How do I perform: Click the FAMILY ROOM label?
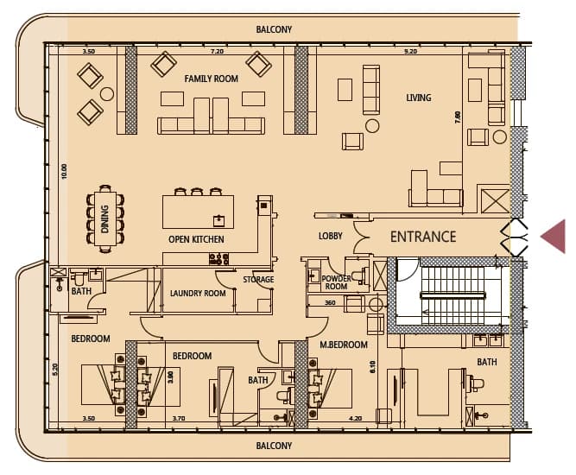pyautogui.click(x=211, y=79)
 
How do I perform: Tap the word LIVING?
pyautogui.click(x=419, y=98)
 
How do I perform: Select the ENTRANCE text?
pyautogui.click(x=423, y=237)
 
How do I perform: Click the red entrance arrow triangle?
pyautogui.click(x=553, y=237)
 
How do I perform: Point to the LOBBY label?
pyautogui.click(x=330, y=236)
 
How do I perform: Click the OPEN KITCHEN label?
pyautogui.click(x=196, y=239)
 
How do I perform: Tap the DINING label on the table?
pyautogui.click(x=105, y=219)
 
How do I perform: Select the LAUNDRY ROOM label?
pyautogui.click(x=198, y=293)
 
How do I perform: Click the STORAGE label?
pyautogui.click(x=258, y=280)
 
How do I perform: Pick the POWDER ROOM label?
pyautogui.click(x=336, y=282)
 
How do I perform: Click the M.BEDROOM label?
pyautogui.click(x=344, y=345)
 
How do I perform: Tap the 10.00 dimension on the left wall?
pyautogui.click(x=65, y=172)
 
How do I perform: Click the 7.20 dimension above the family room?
pyautogui.click(x=217, y=52)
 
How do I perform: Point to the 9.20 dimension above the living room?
pyautogui.click(x=410, y=52)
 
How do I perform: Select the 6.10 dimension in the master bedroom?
pyautogui.click(x=373, y=367)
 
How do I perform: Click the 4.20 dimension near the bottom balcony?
pyautogui.click(x=355, y=418)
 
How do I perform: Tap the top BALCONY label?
pyautogui.click(x=274, y=29)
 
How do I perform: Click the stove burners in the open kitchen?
pyautogui.click(x=219, y=259)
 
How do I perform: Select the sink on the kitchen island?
pyautogui.click(x=218, y=221)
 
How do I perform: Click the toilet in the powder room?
pyautogui.click(x=359, y=275)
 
